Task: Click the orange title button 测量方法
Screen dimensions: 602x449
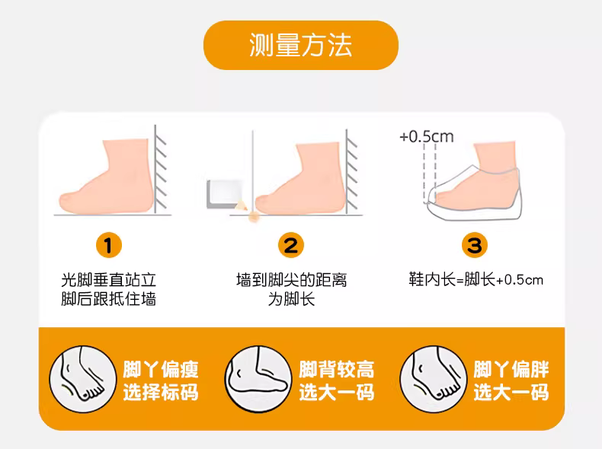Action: [x=300, y=45]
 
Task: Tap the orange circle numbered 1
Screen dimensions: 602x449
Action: [x=109, y=245]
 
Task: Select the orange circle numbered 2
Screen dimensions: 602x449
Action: [x=290, y=245]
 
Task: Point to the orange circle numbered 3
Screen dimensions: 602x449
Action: [x=474, y=245]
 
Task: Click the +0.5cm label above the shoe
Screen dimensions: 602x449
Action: [x=427, y=136]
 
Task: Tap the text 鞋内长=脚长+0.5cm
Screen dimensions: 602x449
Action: [x=476, y=279]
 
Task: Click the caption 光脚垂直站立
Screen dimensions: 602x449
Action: [x=109, y=280]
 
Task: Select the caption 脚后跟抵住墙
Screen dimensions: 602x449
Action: [x=109, y=299]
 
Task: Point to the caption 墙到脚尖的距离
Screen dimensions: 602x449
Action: [x=291, y=280]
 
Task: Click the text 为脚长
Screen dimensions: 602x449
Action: [x=291, y=299]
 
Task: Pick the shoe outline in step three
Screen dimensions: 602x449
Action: [x=475, y=193]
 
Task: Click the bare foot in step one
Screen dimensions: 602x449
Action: [x=107, y=177]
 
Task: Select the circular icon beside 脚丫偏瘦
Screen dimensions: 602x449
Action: [x=83, y=379]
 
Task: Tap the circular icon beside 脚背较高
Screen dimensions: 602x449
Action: [x=258, y=379]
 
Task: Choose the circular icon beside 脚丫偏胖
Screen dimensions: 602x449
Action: [x=433, y=379]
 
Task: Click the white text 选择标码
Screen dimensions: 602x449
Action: [x=161, y=392]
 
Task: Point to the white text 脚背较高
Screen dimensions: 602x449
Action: [x=337, y=369]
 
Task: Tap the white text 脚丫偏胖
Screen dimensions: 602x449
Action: [x=511, y=369]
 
